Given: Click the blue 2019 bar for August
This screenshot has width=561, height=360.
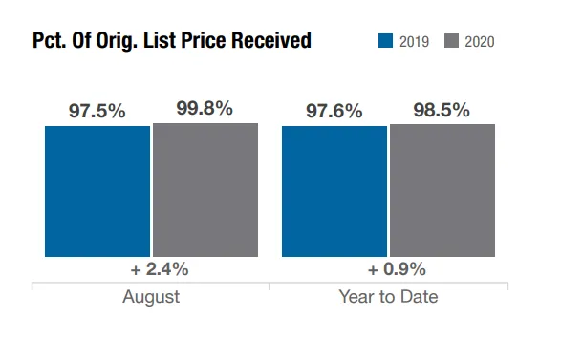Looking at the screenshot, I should (97, 191).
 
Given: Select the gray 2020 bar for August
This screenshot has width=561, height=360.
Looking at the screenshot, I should (205, 189).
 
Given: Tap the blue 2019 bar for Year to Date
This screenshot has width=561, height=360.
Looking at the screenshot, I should (334, 191).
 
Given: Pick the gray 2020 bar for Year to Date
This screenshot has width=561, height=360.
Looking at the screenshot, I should (442, 191).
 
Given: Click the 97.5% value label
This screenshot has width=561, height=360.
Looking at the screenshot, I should (97, 111).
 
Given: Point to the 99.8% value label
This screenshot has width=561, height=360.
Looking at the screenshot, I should (205, 108).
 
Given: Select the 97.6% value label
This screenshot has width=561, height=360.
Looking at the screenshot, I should (334, 111).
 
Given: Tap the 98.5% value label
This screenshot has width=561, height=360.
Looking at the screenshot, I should (442, 110).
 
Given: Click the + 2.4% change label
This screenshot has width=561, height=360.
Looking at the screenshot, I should (152, 268).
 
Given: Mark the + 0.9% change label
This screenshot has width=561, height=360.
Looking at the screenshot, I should (389, 268).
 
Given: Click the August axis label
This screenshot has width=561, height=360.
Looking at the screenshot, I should (151, 297).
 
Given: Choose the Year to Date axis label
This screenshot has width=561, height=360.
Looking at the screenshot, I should (388, 297).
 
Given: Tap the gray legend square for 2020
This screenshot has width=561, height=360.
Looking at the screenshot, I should (451, 41).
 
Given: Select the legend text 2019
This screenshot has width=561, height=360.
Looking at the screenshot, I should (414, 42).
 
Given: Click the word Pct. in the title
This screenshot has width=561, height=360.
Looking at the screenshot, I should (50, 41).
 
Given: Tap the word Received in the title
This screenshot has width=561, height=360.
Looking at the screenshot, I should (270, 41).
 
